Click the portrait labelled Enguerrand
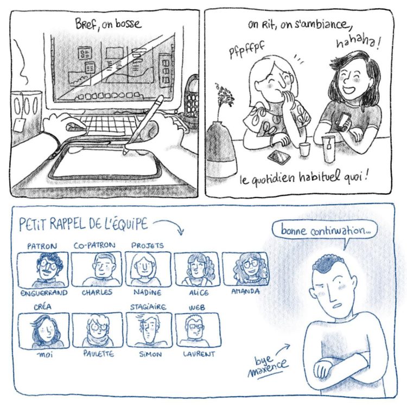[x=43, y=269]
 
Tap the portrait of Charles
[x=97, y=269]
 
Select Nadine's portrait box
[x=148, y=269]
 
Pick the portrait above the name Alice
[x=197, y=269]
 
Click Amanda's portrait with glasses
[x=245, y=269]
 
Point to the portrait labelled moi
[x=43, y=330]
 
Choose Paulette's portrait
[x=97, y=330]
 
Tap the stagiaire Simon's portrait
[x=149, y=330]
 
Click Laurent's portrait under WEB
[x=198, y=330]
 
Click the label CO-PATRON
[x=94, y=245]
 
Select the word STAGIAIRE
[x=148, y=307]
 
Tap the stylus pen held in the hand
[x=144, y=125]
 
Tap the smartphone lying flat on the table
[x=279, y=157]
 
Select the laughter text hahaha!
[x=358, y=42]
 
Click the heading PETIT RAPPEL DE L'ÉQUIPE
[x=84, y=224]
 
